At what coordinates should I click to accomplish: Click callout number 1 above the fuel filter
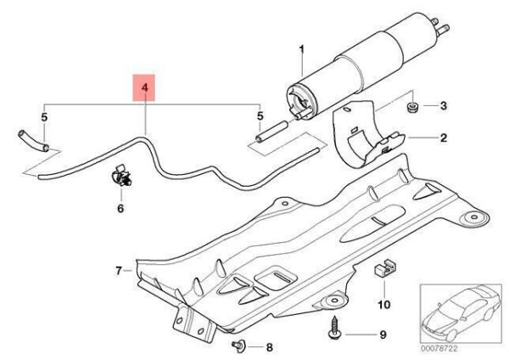point(299,53)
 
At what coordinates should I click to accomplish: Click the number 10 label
point(383,303)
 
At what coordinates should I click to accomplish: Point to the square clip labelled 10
point(381,270)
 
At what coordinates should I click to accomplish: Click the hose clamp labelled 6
point(120,177)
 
